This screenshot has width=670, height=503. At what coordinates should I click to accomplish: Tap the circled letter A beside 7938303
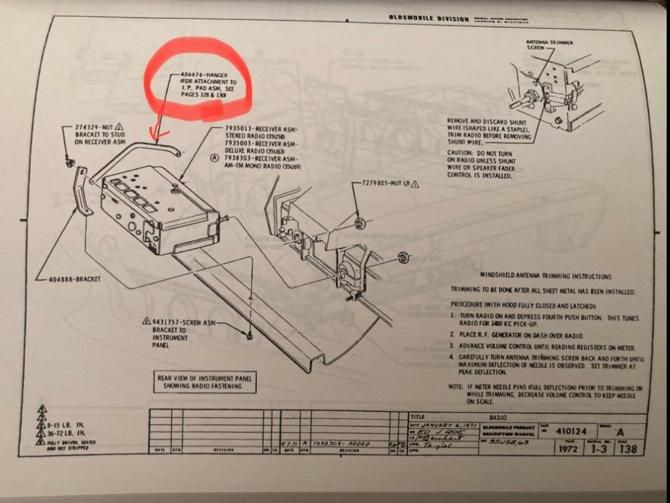[214, 158]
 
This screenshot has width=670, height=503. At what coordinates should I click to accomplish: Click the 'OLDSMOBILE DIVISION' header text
[430, 19]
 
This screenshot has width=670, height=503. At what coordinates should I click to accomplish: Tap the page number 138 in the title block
[628, 449]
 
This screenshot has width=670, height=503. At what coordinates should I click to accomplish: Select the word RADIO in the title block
[498, 416]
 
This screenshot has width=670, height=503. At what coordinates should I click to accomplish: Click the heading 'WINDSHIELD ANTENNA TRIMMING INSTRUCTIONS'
[545, 276]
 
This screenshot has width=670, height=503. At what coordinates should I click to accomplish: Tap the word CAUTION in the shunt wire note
[463, 152]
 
